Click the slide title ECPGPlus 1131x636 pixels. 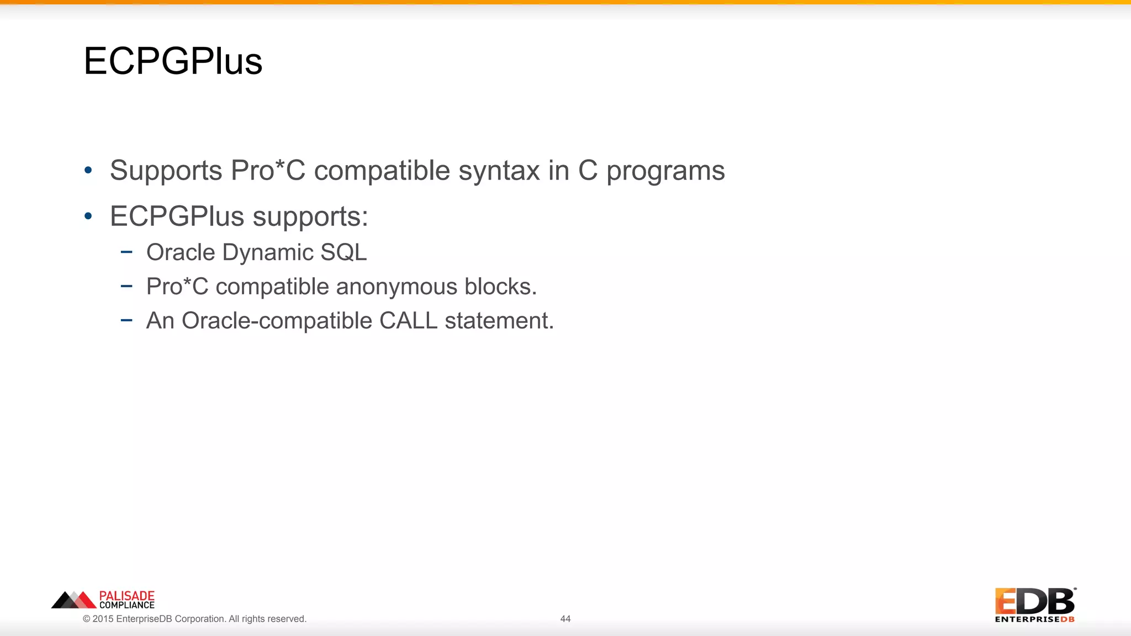pyautogui.click(x=173, y=61)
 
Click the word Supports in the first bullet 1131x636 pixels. pyautogui.click(x=166, y=171)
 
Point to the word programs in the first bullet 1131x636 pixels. pyautogui.click(x=665, y=171)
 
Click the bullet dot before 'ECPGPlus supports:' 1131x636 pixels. pyautogui.click(x=88, y=216)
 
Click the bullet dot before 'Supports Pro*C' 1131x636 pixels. pyautogui.click(x=88, y=170)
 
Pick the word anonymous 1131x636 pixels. pyautogui.click(x=396, y=287)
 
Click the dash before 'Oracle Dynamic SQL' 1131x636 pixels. pyautogui.click(x=126, y=252)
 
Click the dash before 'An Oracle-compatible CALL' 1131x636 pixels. pyautogui.click(x=126, y=320)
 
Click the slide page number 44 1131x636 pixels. pyautogui.click(x=565, y=619)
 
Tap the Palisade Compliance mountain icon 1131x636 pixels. pyautogui.click(x=73, y=600)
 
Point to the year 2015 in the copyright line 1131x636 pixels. pyautogui.click(x=103, y=619)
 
